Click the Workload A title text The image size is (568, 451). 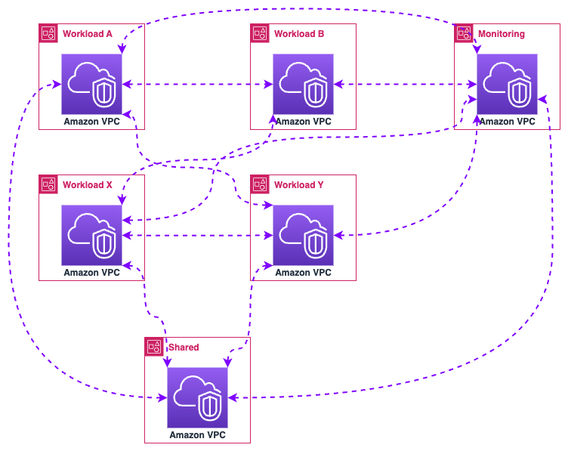tap(88, 34)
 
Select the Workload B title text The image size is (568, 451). tap(299, 34)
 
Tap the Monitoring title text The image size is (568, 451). tap(501, 34)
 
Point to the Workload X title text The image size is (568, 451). tap(88, 185)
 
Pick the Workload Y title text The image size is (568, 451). tap(299, 185)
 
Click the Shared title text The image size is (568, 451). tap(184, 348)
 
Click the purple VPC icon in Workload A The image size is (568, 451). tap(91, 84)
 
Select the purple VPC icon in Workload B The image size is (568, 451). tap(303, 84)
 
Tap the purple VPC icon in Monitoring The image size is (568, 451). tap(507, 84)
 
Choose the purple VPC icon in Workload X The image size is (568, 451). tap(91, 235)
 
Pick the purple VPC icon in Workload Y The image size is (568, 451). tap(303, 235)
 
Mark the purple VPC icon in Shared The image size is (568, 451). tap(197, 397)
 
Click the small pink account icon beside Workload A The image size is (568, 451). tap(48, 33)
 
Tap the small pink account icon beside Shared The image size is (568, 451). tap(154, 347)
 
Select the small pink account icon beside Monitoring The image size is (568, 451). tap(464, 33)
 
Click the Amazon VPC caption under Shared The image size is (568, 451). tap(197, 435)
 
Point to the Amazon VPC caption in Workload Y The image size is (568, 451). tap(303, 273)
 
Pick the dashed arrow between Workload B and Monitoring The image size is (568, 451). tap(404, 85)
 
